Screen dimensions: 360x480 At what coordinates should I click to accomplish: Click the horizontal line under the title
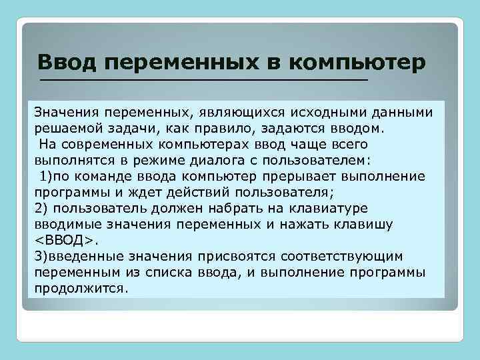[203, 79]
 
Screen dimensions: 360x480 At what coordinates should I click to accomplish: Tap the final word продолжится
[79, 288]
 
